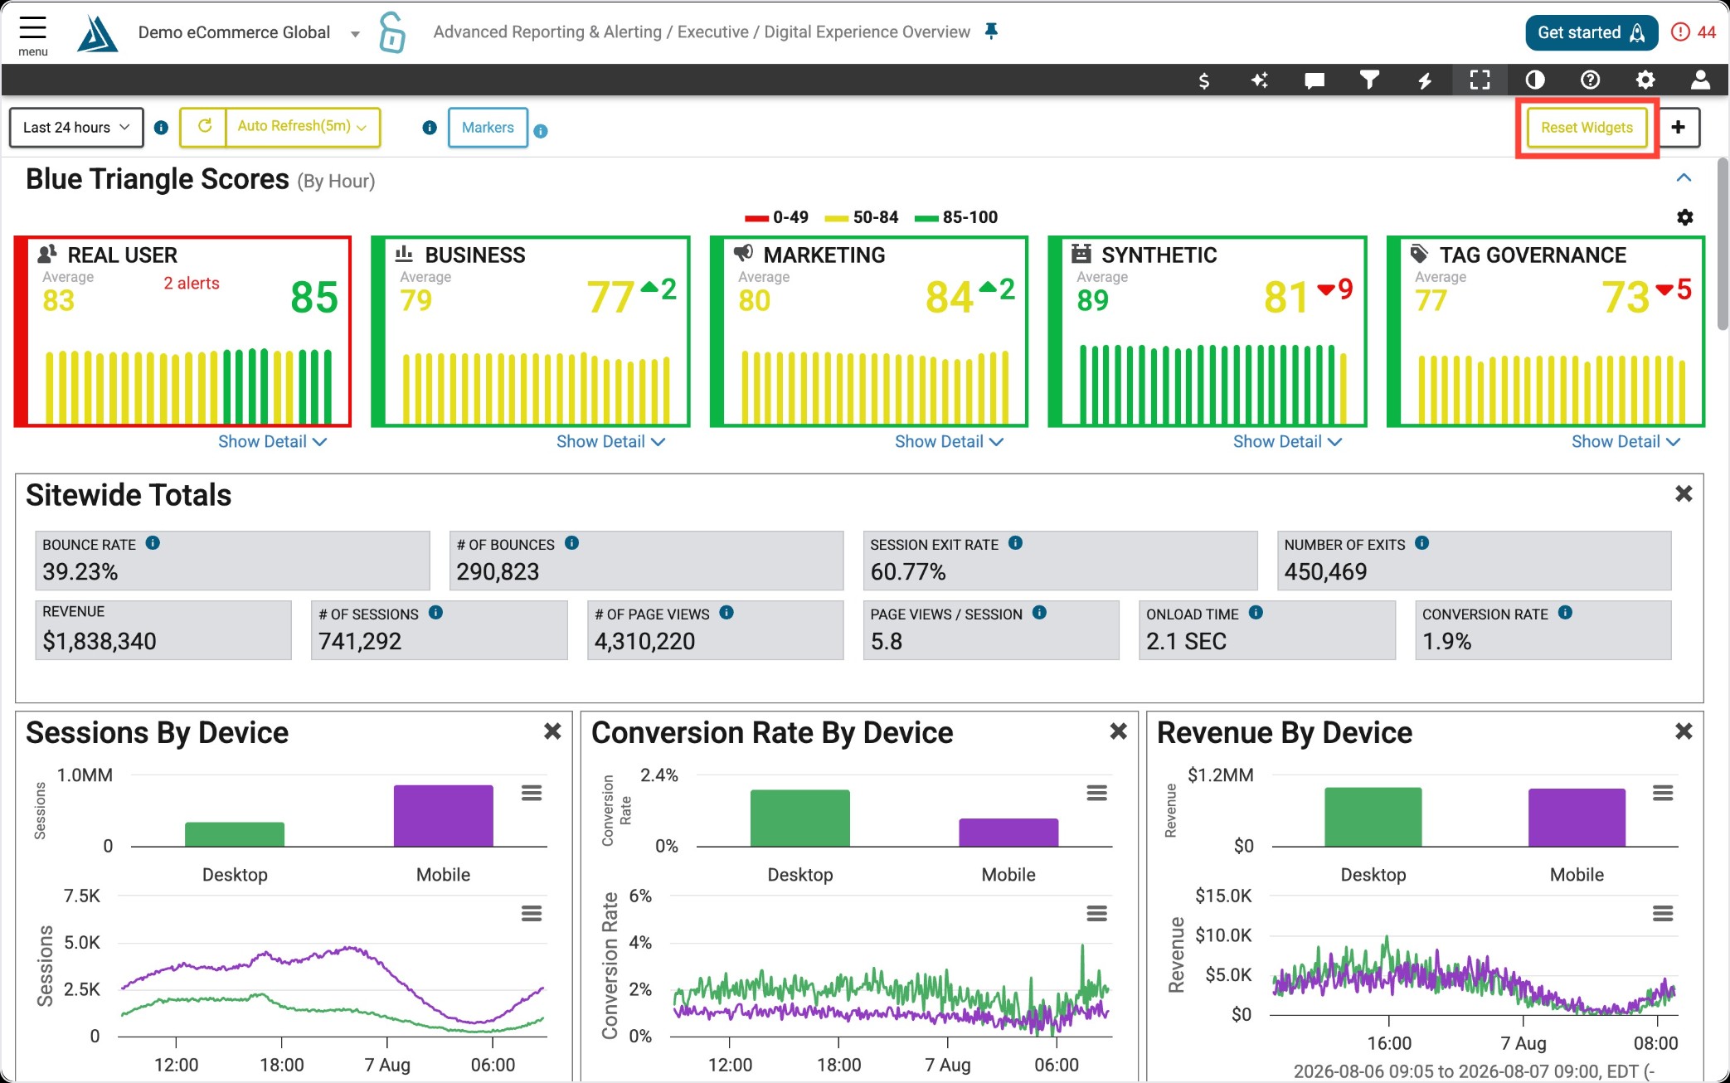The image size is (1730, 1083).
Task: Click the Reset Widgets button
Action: click(x=1587, y=128)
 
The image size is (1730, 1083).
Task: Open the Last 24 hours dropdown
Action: click(x=76, y=128)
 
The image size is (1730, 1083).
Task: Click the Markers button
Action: click(x=488, y=128)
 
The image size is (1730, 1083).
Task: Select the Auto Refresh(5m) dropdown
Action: click(x=302, y=127)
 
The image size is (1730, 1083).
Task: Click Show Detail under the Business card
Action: click(x=610, y=442)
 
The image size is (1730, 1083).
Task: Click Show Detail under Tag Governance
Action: click(x=1626, y=442)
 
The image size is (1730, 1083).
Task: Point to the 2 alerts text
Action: click(x=192, y=284)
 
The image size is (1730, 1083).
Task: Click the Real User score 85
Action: click(x=314, y=298)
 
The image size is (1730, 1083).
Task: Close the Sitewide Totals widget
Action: click(x=1684, y=494)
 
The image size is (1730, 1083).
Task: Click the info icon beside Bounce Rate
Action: click(x=153, y=543)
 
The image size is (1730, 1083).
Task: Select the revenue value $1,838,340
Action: click(x=100, y=641)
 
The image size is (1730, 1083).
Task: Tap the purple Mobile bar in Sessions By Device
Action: click(x=443, y=816)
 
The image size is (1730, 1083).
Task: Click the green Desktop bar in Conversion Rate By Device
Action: click(x=799, y=818)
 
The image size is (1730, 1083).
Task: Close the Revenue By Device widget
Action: click(x=1684, y=731)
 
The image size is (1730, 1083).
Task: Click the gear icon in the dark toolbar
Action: click(x=1645, y=80)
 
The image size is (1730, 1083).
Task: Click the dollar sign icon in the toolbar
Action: click(x=1203, y=80)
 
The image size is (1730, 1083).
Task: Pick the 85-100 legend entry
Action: click(x=956, y=217)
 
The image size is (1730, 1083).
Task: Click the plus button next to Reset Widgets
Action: click(x=1679, y=128)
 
